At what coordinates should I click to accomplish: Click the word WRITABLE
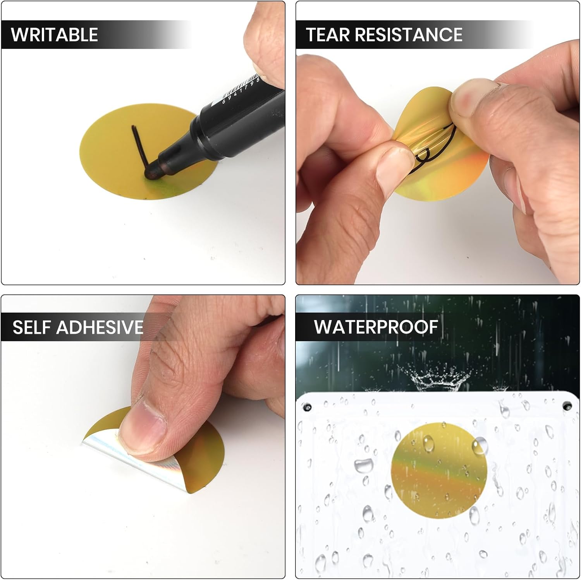point(54,35)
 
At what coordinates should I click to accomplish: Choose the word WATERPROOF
point(376,327)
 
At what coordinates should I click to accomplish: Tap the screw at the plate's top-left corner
point(307,407)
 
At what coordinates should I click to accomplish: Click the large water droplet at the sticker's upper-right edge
point(480,446)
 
